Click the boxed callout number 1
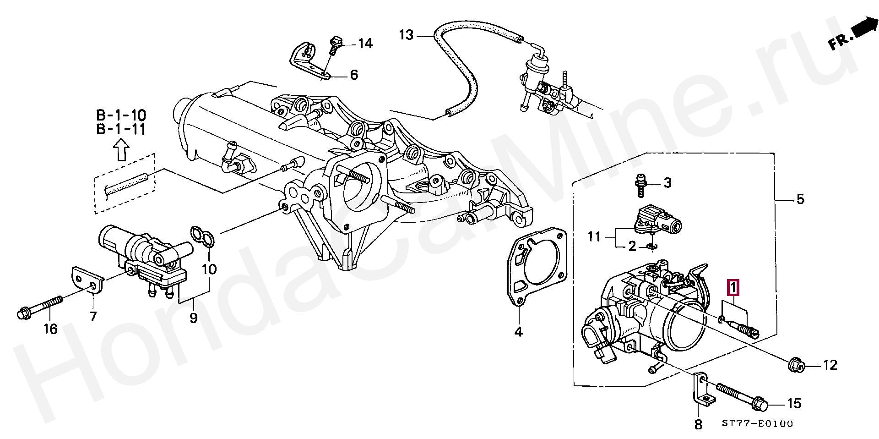[x=733, y=288]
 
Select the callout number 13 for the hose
[x=406, y=35]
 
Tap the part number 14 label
[x=365, y=44]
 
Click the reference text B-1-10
[x=121, y=115]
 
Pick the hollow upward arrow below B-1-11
[x=121, y=150]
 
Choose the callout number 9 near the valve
[x=194, y=318]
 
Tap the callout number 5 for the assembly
[x=800, y=199]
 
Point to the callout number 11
[x=594, y=237]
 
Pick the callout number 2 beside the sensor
[x=632, y=247]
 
